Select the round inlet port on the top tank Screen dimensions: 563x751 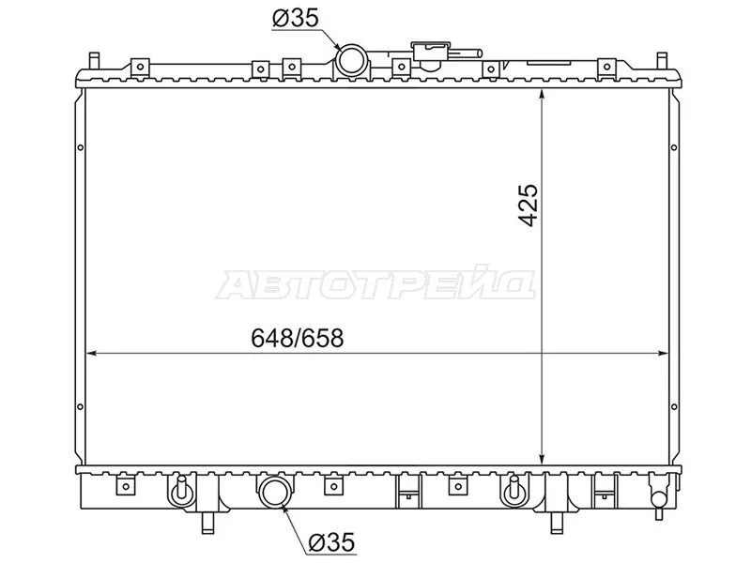tap(354, 61)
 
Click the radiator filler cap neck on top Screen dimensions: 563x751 tap(428, 54)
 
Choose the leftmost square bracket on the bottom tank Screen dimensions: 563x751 tap(123, 486)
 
